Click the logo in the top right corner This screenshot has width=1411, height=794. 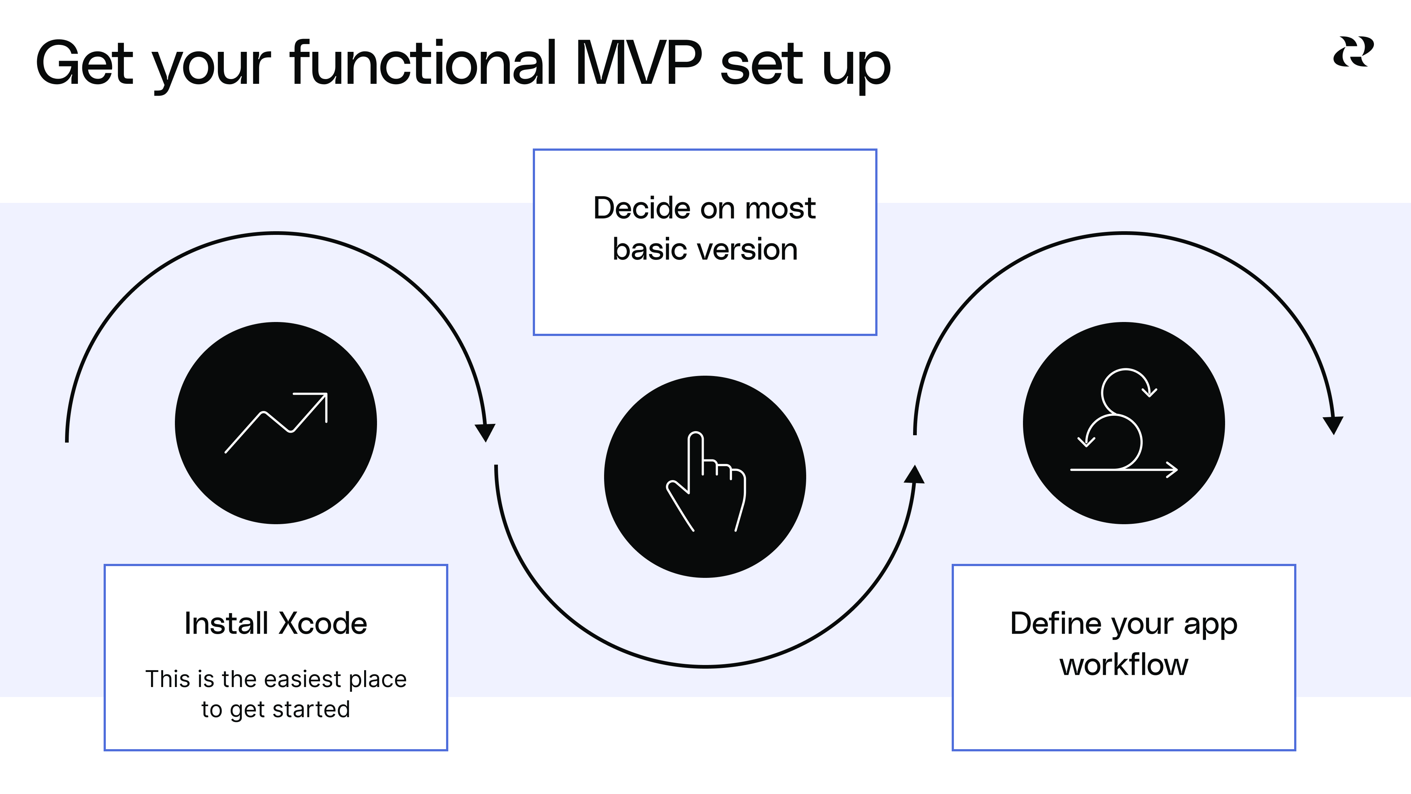click(x=1353, y=52)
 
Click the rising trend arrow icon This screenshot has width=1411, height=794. click(x=276, y=422)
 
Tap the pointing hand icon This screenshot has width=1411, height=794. click(x=705, y=479)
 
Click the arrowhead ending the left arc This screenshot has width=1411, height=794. click(x=485, y=432)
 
